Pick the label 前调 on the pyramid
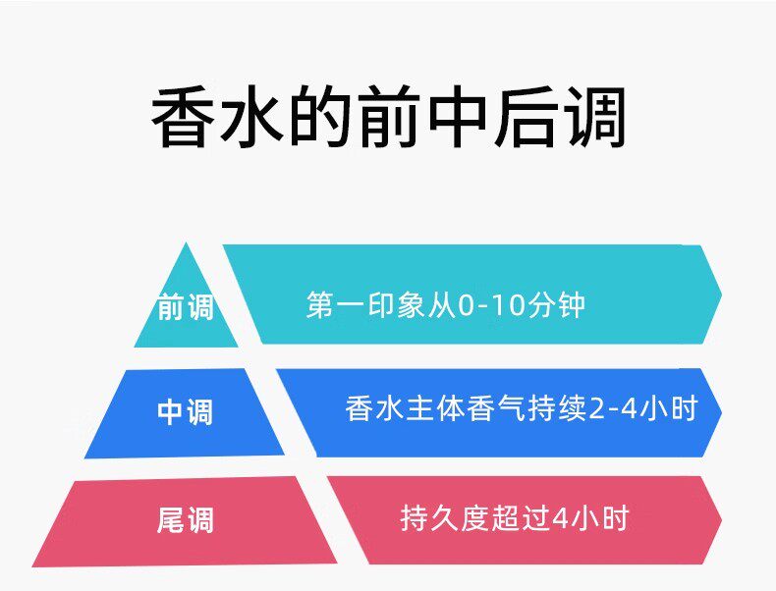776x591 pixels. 185,308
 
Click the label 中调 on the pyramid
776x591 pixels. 185,411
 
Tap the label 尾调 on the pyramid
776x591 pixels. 185,519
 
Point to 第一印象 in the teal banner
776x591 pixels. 353,305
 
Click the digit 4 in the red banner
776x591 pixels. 561,517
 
